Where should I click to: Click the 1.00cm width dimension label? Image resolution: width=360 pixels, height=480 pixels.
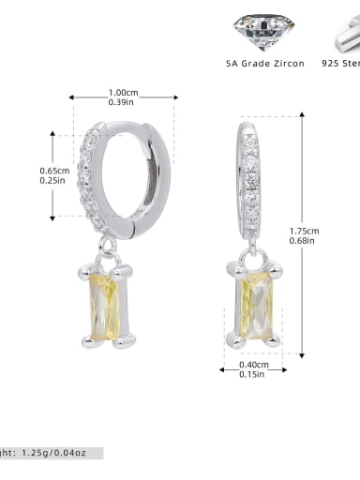pos(124,92)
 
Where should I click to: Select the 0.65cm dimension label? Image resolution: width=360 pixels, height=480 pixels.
pos(53,171)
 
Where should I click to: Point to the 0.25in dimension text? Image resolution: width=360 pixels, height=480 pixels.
pos(53,182)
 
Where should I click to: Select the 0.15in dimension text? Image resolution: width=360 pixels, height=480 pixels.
pos(251,375)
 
